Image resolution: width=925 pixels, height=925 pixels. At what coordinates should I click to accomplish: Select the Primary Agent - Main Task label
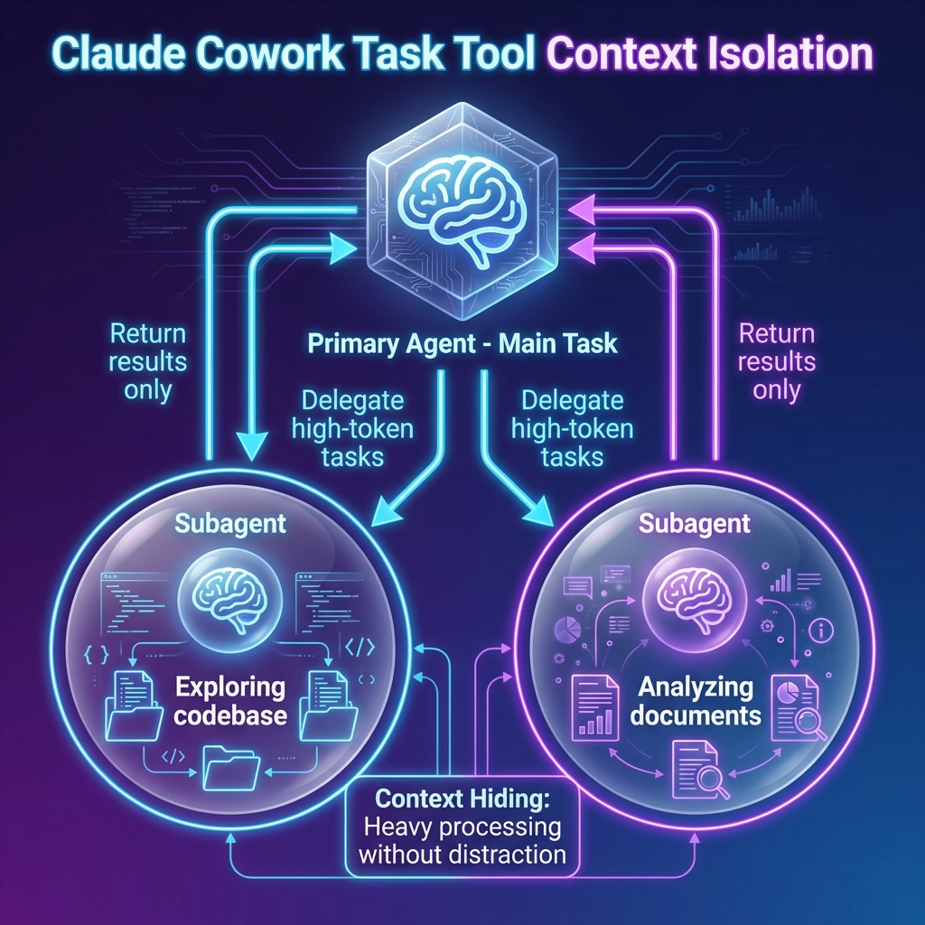[x=462, y=344]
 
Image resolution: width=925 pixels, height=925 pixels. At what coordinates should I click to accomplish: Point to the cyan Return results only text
[x=148, y=361]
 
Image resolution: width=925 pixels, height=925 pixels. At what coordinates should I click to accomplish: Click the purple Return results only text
[x=777, y=361]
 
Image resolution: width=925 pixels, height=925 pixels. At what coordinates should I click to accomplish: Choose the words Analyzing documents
[x=696, y=701]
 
